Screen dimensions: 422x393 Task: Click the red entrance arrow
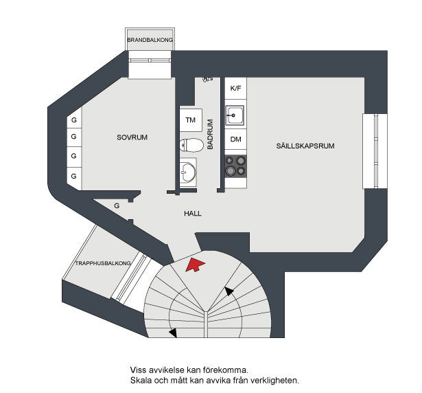click(x=195, y=265)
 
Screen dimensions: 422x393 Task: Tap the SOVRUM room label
click(x=132, y=137)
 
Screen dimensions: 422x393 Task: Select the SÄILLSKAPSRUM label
click(x=305, y=146)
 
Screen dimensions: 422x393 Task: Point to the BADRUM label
click(x=210, y=134)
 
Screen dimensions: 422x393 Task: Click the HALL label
click(x=193, y=214)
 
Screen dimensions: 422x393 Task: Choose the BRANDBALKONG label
click(x=150, y=40)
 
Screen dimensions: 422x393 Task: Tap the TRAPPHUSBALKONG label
click(x=103, y=263)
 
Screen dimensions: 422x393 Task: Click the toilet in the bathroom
click(x=191, y=145)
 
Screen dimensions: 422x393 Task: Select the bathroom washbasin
click(x=188, y=172)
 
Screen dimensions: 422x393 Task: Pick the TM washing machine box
click(x=191, y=120)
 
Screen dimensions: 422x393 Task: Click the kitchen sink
click(x=235, y=115)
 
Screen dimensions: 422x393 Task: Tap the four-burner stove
click(x=235, y=166)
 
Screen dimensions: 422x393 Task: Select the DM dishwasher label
click(x=236, y=139)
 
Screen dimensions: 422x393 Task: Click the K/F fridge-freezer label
click(x=236, y=88)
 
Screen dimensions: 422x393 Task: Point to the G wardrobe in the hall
click(x=117, y=206)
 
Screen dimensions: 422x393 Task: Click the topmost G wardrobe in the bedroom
click(x=74, y=120)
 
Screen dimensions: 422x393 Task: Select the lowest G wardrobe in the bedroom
click(x=73, y=177)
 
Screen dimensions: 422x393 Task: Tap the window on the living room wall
click(x=375, y=151)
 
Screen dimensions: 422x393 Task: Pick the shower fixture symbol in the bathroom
click(x=207, y=79)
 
